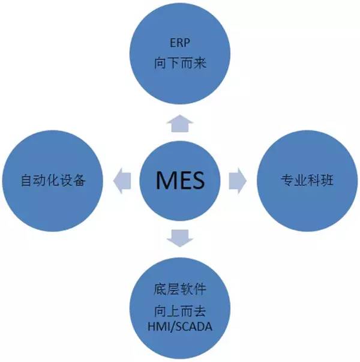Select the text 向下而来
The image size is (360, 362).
(180, 62)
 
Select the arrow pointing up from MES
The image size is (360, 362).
(180, 123)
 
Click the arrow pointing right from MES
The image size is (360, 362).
(238, 179)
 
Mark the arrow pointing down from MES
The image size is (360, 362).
(180, 237)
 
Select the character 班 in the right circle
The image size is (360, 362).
(328, 179)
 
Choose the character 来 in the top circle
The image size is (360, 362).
(201, 62)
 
